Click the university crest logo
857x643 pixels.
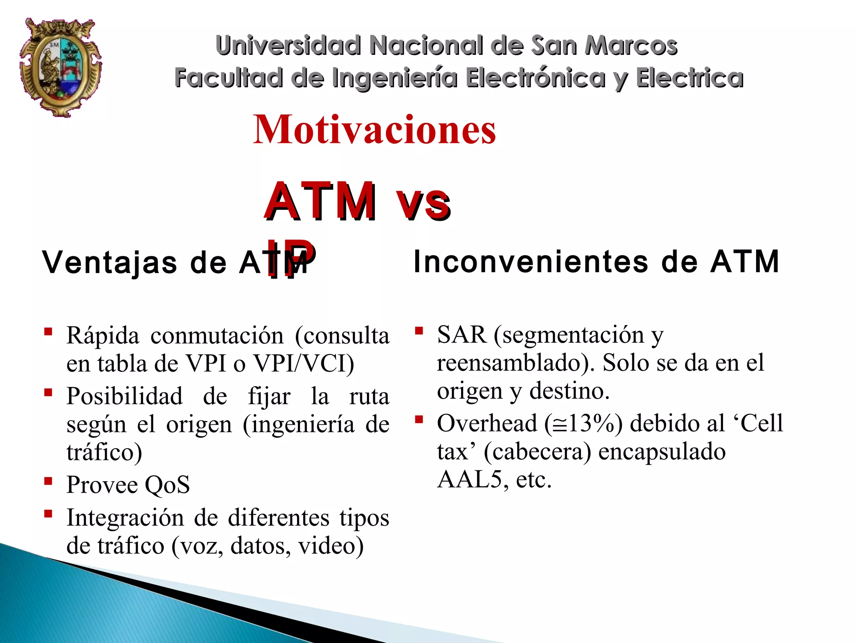tap(61, 67)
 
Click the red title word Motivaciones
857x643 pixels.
tap(374, 130)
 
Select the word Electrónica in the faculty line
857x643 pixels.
tap(536, 78)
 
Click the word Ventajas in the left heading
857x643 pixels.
tap(110, 263)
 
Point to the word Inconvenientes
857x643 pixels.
tap(531, 262)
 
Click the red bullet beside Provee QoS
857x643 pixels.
tap(49, 481)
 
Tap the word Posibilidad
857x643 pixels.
tap(125, 396)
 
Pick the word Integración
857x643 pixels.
tap(125, 517)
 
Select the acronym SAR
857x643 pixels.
tap(462, 335)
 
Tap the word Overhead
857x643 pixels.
tap(487, 423)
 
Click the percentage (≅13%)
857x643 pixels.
tap(584, 423)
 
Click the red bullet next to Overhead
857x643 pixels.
tap(419, 419)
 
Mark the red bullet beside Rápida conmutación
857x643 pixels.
tap(49, 332)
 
